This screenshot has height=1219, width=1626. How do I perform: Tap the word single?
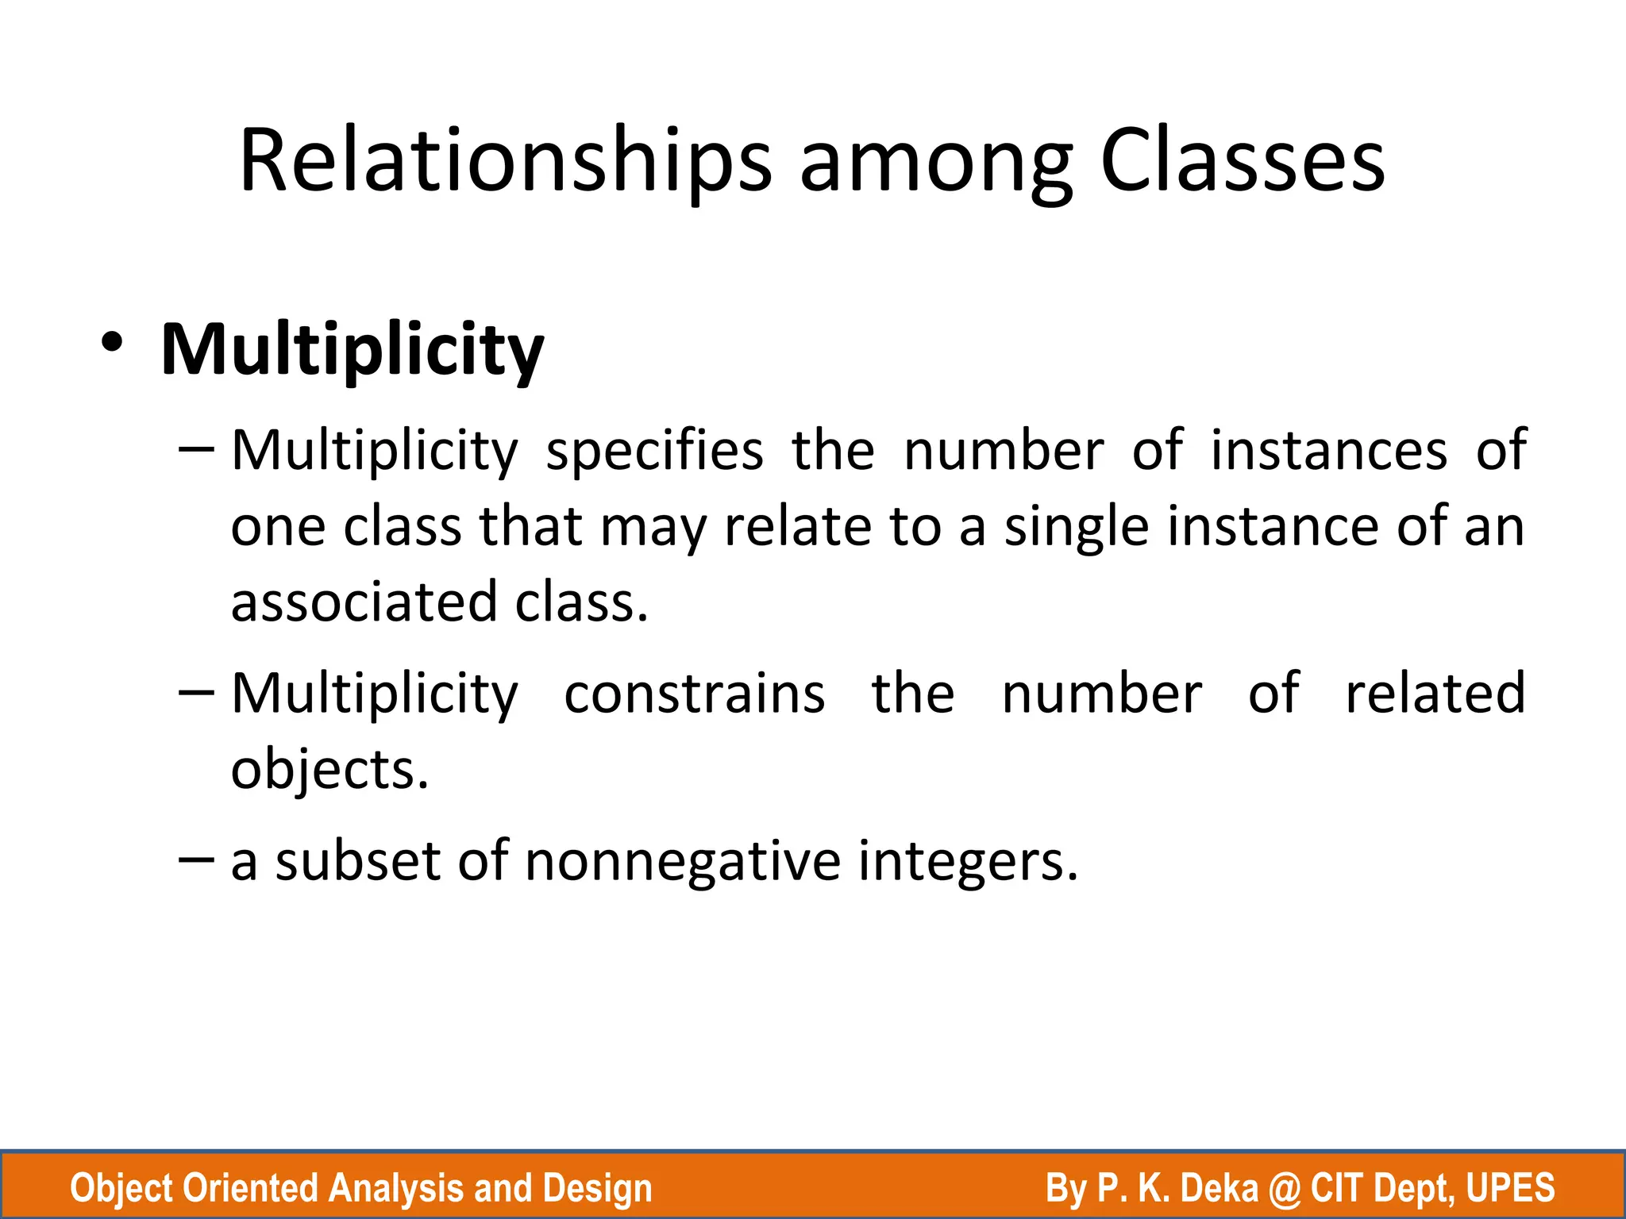tap(1077, 528)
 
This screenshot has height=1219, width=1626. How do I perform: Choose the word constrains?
tap(695, 694)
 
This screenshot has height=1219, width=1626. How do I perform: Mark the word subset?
tap(358, 861)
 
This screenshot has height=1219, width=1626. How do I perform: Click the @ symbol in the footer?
tap(1284, 1189)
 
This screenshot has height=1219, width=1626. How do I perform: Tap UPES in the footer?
tap(1511, 1188)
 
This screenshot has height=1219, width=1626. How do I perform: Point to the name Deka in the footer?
tap(1219, 1188)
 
